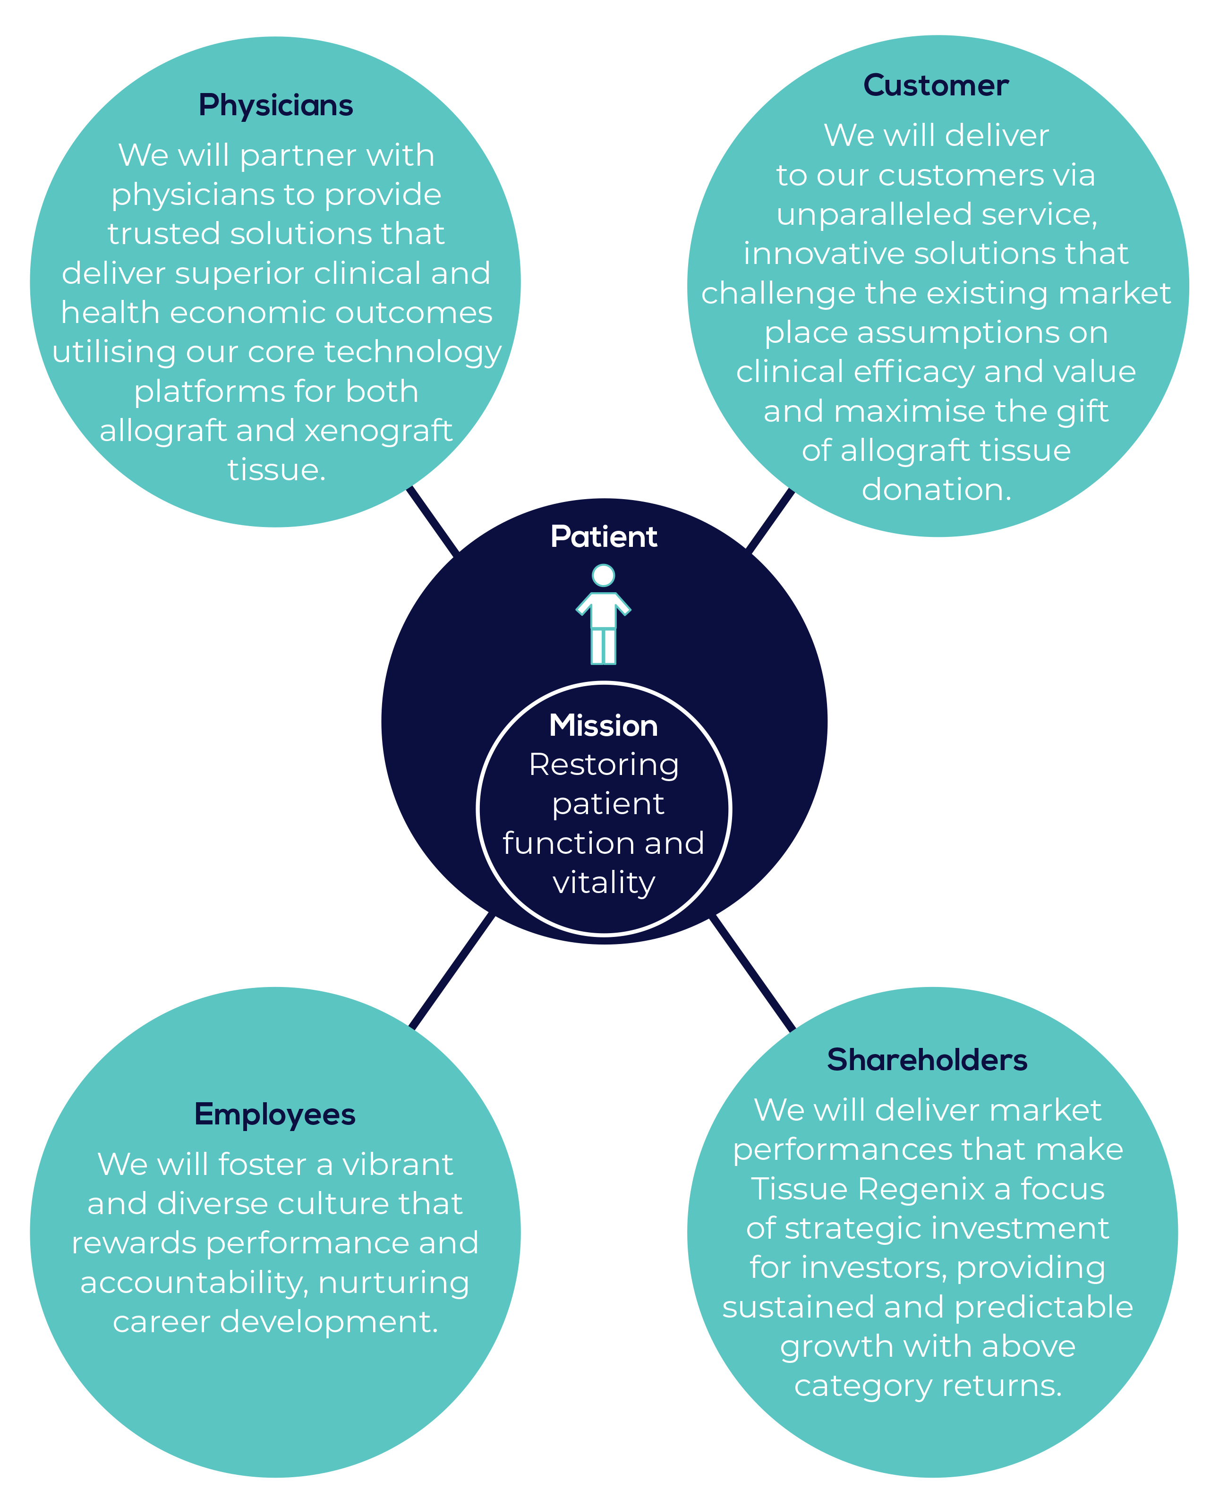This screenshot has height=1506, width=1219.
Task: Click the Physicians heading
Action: click(x=275, y=106)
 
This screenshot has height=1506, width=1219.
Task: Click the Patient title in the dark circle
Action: click(x=604, y=536)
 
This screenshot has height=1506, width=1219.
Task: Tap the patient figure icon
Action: click(x=603, y=614)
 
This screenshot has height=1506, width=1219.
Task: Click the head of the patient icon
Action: click(x=603, y=576)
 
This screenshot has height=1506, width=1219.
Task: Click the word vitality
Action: click(x=604, y=883)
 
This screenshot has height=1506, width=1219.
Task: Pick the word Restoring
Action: click(x=604, y=766)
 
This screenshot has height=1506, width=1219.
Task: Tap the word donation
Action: click(x=937, y=489)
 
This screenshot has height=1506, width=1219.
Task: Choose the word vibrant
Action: click(x=398, y=1165)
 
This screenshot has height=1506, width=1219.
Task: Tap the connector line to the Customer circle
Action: click(x=770, y=520)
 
